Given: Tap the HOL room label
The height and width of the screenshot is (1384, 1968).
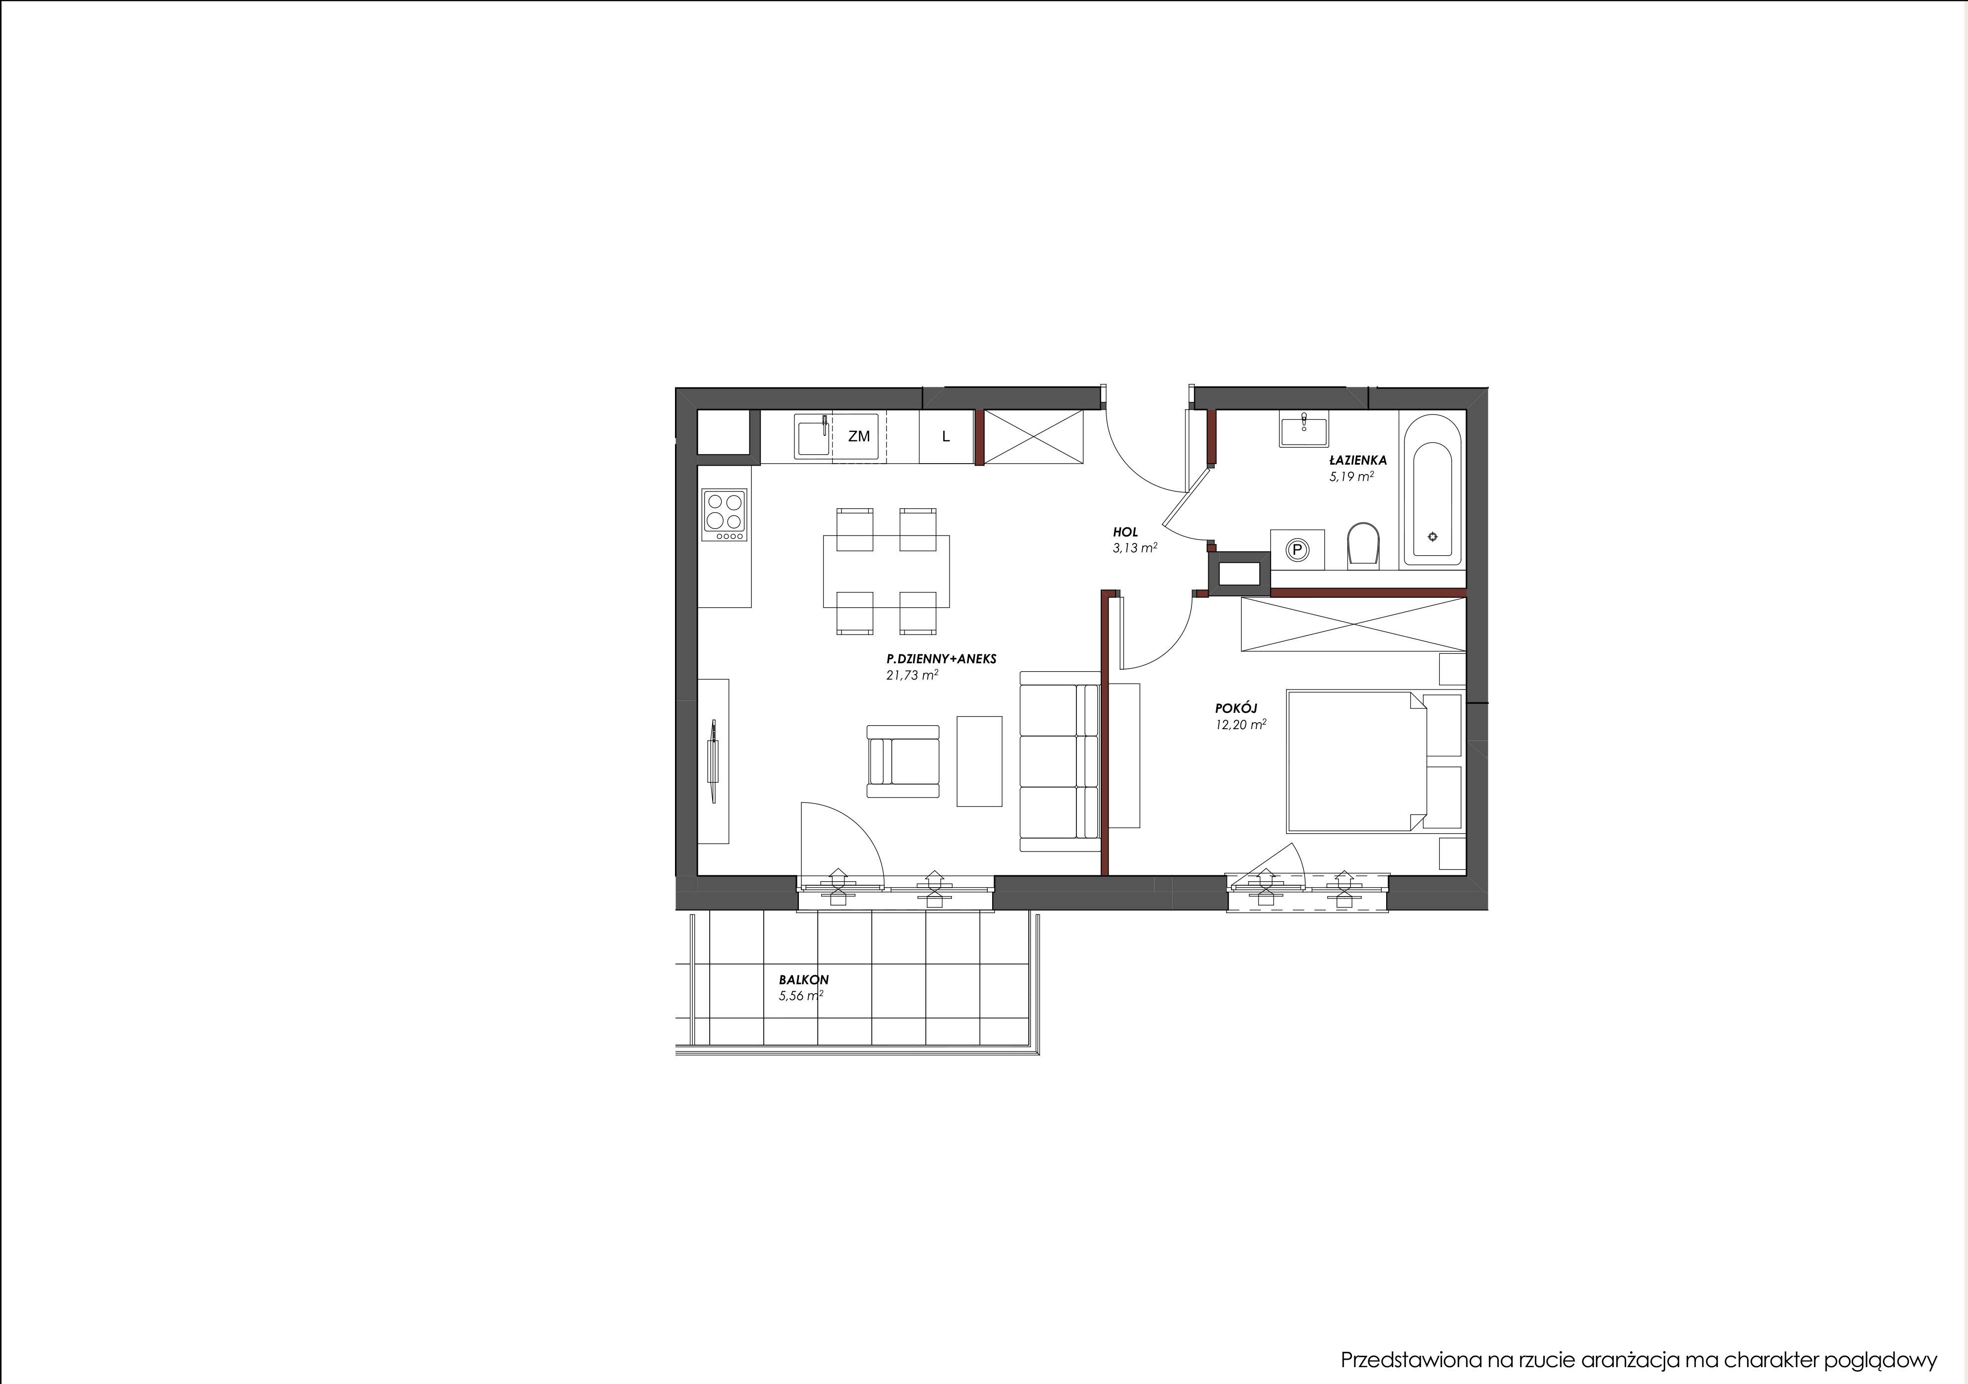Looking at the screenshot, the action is click(x=1125, y=532).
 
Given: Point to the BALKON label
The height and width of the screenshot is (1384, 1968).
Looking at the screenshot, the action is click(x=804, y=979).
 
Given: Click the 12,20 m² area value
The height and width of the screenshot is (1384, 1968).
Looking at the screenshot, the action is click(x=1241, y=724).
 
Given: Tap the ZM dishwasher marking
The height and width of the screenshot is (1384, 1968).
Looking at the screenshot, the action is click(x=859, y=436).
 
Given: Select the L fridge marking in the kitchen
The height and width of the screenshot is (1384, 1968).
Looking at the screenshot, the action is click(x=946, y=436).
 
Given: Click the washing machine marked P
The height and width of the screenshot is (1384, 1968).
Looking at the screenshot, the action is click(x=1297, y=549).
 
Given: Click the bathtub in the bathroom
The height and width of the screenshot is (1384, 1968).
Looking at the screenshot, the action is click(x=1431, y=490).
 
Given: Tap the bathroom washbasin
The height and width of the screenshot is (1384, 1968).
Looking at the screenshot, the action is click(x=1304, y=429).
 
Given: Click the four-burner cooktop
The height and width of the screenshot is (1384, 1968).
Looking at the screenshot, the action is click(x=724, y=514).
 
